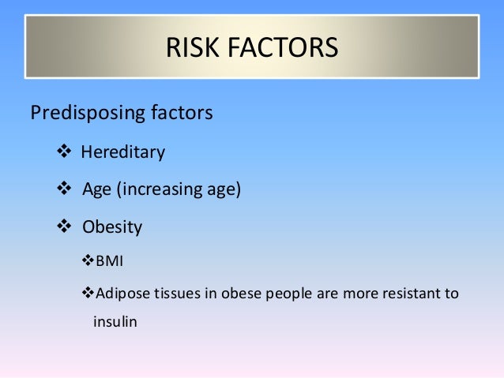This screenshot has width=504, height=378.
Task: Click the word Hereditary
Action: (123, 152)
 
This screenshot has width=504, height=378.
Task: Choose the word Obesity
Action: (112, 227)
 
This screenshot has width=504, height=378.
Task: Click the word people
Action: (280, 294)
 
